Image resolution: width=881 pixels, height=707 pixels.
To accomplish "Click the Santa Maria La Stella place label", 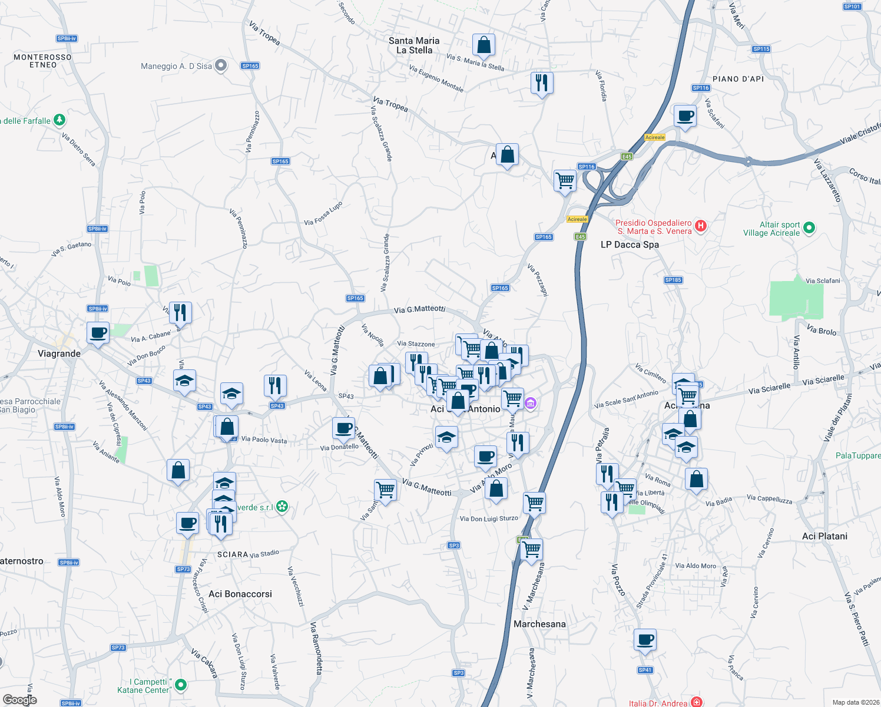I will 414,45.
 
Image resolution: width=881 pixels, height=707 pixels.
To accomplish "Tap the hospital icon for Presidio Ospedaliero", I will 700,226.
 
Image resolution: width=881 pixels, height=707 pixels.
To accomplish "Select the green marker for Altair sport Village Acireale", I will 809,227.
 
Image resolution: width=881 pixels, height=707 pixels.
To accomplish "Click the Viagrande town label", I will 59,353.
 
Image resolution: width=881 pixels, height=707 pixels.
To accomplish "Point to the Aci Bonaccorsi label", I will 240,594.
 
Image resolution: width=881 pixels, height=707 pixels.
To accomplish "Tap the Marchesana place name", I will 539,624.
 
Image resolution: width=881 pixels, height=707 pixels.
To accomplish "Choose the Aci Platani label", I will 824,536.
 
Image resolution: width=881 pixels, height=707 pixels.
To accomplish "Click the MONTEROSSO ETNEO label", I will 42,61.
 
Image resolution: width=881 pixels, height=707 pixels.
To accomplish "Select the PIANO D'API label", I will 738,79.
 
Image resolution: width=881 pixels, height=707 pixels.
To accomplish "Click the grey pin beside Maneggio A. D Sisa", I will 221,65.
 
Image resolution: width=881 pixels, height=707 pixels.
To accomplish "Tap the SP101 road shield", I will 852,6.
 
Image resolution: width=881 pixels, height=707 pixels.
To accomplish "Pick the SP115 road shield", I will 761,49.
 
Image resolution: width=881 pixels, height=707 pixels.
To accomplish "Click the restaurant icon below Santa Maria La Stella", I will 541,83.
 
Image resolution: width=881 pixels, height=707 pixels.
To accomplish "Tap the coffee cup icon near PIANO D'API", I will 684,115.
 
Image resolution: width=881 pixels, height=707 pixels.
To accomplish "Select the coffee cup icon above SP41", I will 645,639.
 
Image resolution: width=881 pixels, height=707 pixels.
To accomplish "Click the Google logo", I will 19,699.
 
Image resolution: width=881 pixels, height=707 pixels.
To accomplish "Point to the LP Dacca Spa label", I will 630,245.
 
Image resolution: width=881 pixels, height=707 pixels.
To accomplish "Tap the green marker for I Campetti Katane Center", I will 181,685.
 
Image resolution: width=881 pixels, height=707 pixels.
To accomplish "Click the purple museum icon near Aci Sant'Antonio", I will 530,404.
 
